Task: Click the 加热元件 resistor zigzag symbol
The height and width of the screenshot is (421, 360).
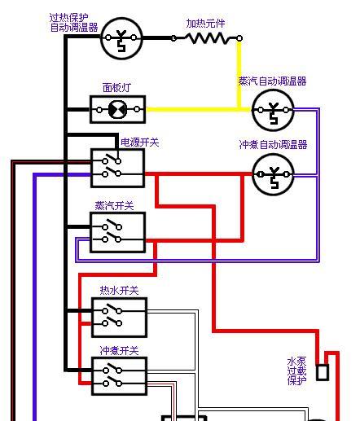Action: point(206,38)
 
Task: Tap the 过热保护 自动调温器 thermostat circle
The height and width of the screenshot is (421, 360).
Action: point(121,38)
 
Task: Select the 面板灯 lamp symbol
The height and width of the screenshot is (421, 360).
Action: point(118,109)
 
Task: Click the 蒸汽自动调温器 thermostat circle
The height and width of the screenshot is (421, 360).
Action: point(273,111)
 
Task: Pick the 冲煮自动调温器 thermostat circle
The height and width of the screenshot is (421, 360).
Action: point(273,174)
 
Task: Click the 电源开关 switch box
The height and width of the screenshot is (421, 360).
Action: point(117,168)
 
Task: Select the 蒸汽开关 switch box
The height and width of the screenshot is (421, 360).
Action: point(118,233)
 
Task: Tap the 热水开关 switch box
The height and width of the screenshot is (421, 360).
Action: point(120,318)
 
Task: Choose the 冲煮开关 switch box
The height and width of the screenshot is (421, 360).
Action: point(120,376)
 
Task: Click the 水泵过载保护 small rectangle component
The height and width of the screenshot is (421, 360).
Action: point(323,372)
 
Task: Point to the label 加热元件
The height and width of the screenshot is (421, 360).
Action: point(205,24)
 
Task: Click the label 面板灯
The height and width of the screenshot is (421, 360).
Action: point(116,88)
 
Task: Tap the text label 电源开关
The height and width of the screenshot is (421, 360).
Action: point(140,143)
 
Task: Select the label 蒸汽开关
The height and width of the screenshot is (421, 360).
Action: point(114,206)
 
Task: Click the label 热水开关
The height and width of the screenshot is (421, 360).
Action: point(119,291)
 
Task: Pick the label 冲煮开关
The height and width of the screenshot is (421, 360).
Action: point(119,351)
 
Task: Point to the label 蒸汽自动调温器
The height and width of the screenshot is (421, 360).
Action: point(272,81)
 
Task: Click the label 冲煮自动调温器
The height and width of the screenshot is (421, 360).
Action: point(273,145)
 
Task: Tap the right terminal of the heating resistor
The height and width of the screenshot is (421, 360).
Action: point(239,38)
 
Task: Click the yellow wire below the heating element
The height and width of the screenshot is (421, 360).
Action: point(239,75)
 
